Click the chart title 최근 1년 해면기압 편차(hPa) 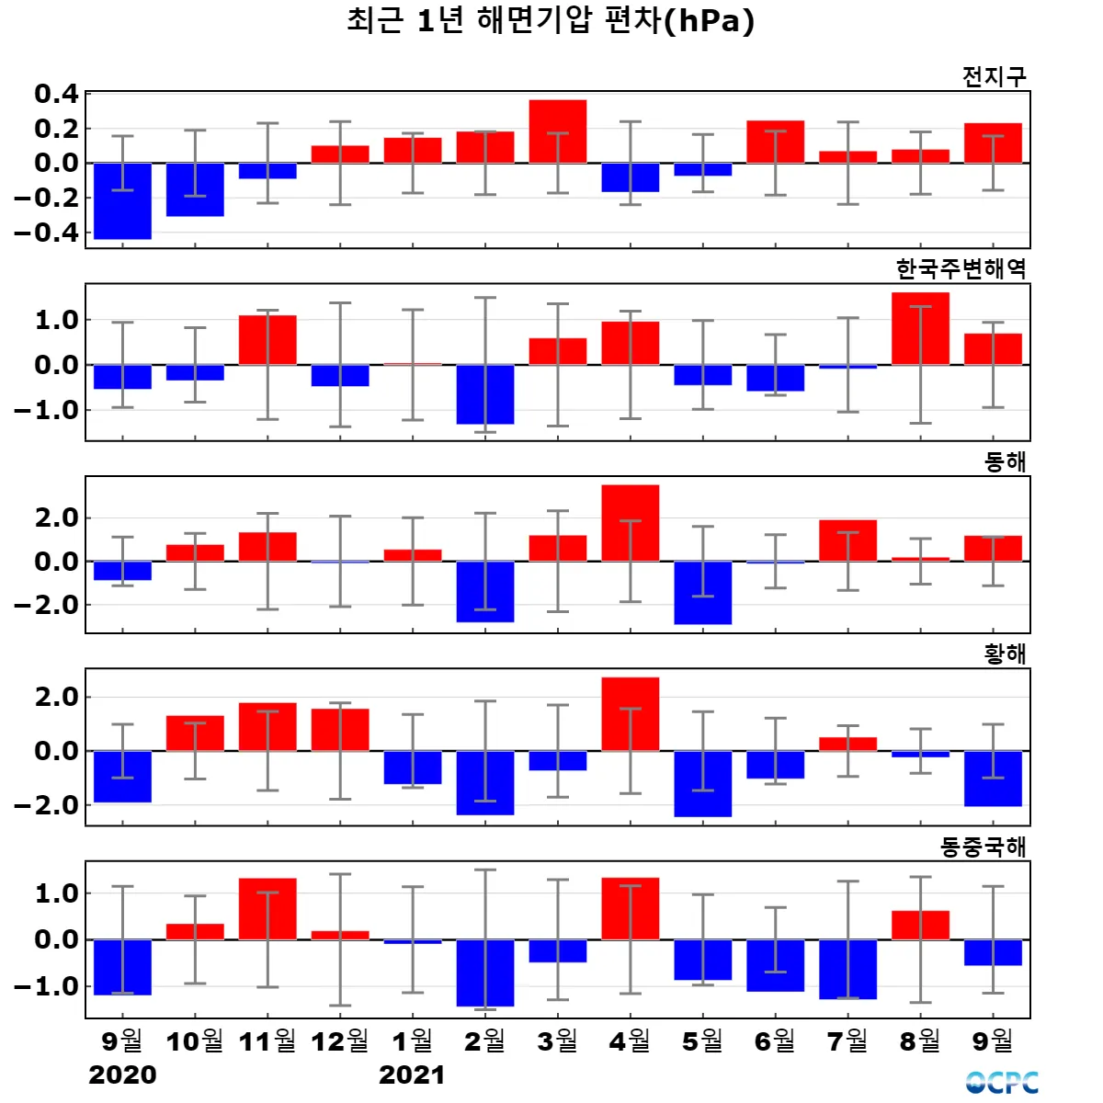click(x=551, y=20)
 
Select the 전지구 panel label click(x=994, y=76)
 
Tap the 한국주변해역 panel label click(x=961, y=268)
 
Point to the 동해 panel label click(x=1005, y=461)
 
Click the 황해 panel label click(x=1005, y=654)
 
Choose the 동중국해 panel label click(x=983, y=847)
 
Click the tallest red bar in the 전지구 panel click(x=558, y=131)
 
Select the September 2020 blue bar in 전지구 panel click(x=122, y=200)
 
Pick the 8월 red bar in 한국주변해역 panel click(x=920, y=328)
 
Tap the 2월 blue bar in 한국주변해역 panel click(x=485, y=394)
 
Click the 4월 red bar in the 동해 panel click(x=631, y=523)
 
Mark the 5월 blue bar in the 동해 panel click(x=703, y=593)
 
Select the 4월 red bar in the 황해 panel click(x=631, y=714)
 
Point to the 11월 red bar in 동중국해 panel click(x=267, y=909)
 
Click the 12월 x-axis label click(x=340, y=1041)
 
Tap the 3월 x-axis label click(x=558, y=1041)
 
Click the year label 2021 click(x=412, y=1075)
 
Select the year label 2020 click(x=122, y=1075)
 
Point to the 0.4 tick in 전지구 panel click(x=56, y=94)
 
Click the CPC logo click(x=1002, y=1083)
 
